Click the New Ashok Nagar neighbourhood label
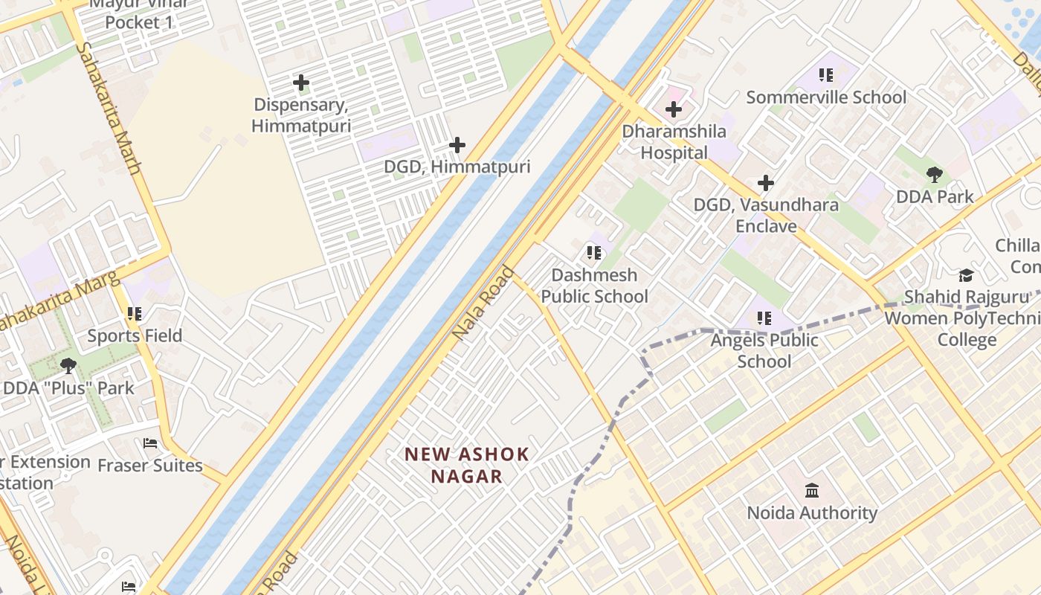[x=467, y=465]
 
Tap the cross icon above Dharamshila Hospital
[x=673, y=110]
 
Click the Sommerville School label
[x=826, y=97]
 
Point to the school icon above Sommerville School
[x=825, y=75]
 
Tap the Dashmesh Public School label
[x=594, y=286]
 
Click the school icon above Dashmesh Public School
[x=593, y=253]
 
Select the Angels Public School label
[x=764, y=350]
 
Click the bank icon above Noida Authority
[x=812, y=491]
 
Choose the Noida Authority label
[x=812, y=513]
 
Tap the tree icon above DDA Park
[x=935, y=175]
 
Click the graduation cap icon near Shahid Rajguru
[x=965, y=276]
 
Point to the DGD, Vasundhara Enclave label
[x=766, y=215]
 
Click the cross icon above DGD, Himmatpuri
[x=457, y=145]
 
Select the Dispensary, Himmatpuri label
[x=301, y=115]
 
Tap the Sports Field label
[x=135, y=336]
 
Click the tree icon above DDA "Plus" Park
[x=68, y=366]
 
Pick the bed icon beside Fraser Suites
[x=150, y=444]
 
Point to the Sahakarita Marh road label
[x=109, y=108]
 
